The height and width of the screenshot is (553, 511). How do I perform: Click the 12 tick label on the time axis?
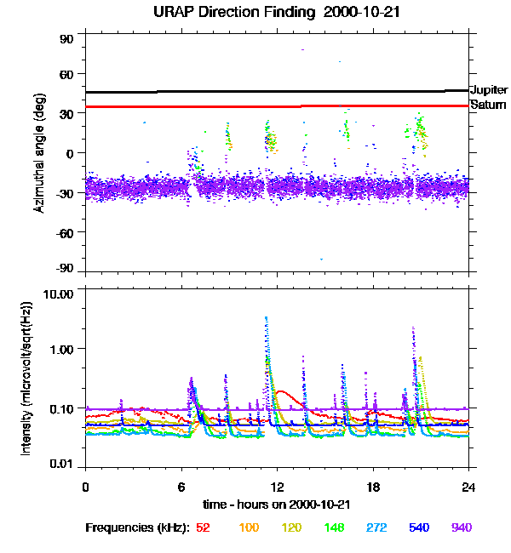(x=277, y=486)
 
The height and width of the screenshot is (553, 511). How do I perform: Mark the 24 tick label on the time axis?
(x=468, y=486)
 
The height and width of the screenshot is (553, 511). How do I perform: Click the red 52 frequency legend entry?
(x=203, y=527)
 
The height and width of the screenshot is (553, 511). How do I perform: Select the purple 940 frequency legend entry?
(x=462, y=527)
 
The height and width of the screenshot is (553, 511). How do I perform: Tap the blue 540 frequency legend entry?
(x=417, y=527)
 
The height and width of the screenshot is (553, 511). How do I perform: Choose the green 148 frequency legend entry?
(x=336, y=527)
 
